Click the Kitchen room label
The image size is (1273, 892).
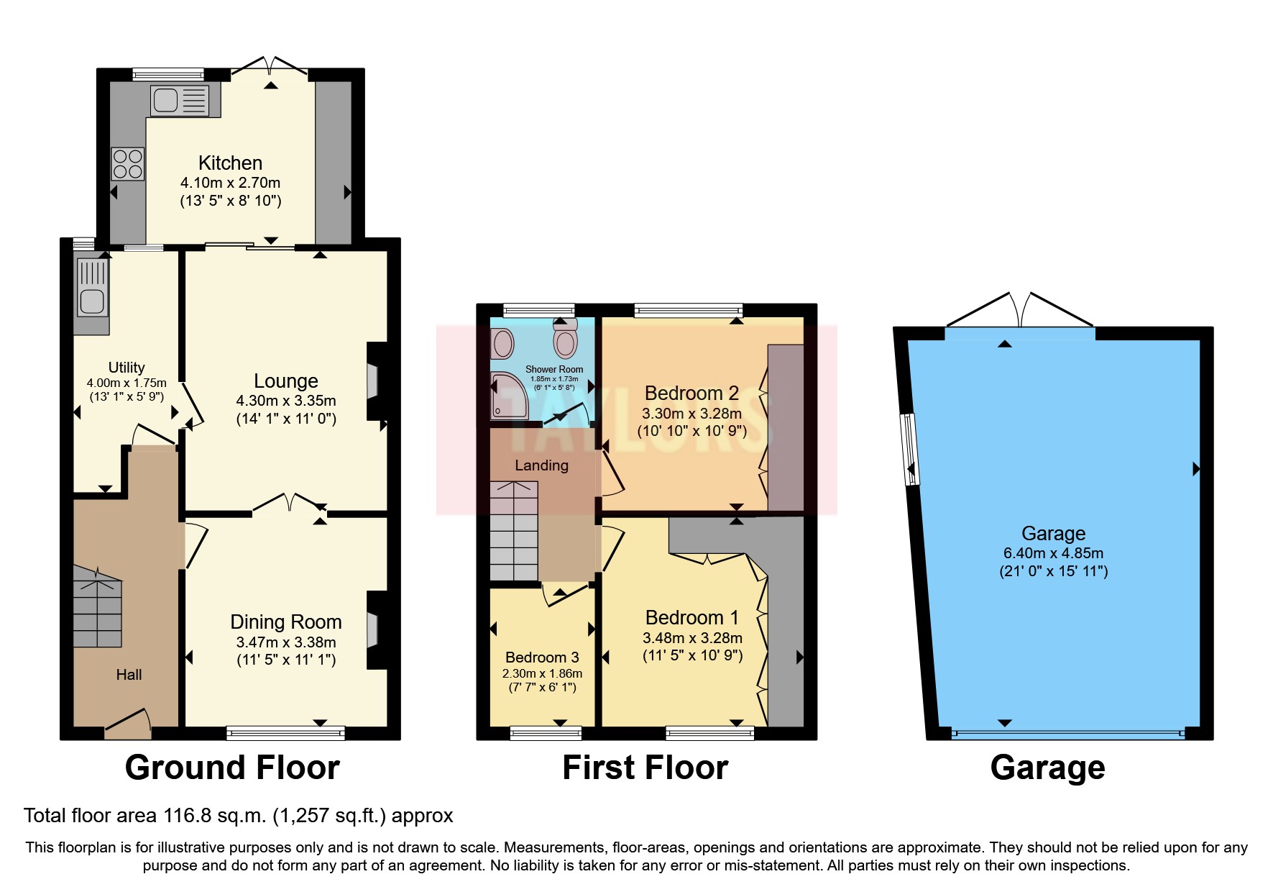pos(230,163)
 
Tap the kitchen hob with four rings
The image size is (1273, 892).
pos(128,164)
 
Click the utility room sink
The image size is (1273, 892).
pos(92,288)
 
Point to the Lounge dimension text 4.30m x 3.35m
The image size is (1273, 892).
pos(286,401)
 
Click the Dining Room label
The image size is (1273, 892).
pos(285,622)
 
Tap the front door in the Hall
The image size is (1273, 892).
pos(129,723)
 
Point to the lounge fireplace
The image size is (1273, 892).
pos(374,381)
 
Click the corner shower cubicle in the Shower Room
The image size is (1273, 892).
pos(508,396)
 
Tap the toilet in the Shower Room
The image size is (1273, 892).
pos(566,339)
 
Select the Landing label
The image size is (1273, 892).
pos(541,465)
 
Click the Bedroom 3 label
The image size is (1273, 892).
pos(542,657)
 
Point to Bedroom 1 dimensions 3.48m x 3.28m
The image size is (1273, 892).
pos(692,638)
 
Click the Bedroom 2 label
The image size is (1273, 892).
pos(691,393)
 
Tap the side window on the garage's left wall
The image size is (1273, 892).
pos(910,449)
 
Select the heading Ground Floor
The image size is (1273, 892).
pos(232,768)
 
